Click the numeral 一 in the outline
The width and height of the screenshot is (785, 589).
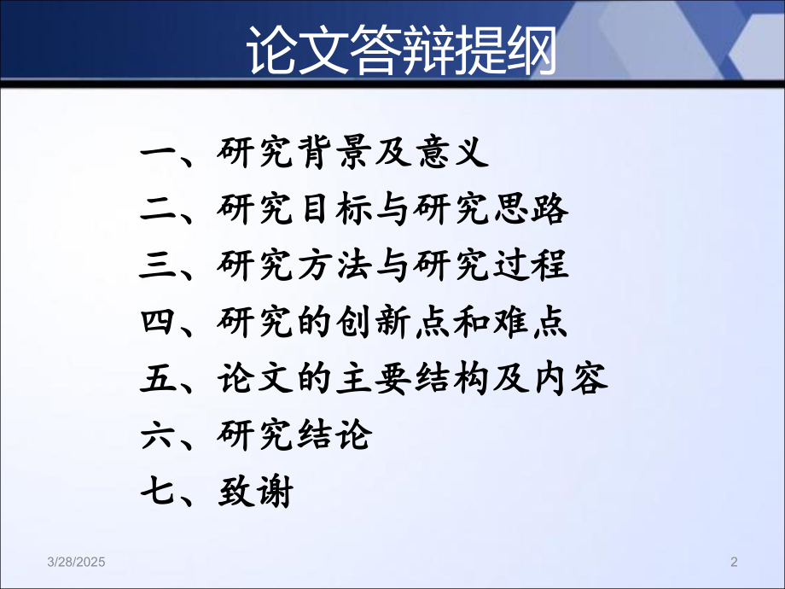[158, 155]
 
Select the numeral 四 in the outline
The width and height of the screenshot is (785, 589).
[158, 324]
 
